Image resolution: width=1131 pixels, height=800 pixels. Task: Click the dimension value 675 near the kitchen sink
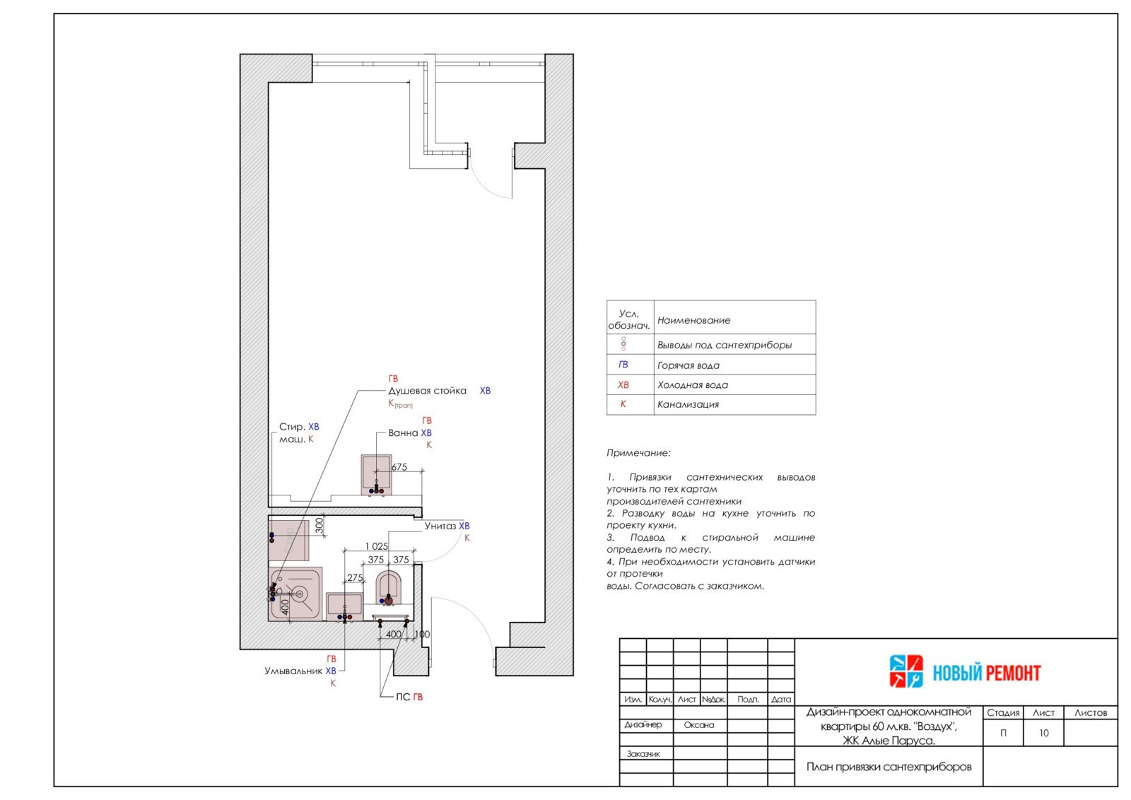(x=399, y=467)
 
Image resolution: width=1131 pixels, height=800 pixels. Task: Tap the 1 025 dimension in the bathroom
(x=377, y=546)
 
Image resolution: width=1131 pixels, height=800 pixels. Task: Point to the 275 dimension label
(x=355, y=577)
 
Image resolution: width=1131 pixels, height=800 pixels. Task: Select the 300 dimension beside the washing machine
(x=319, y=525)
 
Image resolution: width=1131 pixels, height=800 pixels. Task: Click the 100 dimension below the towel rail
(x=422, y=634)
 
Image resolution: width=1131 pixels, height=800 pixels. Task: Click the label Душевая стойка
(x=427, y=391)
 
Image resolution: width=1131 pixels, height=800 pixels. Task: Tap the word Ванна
(x=403, y=433)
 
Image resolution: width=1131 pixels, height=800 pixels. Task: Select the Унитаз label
(x=440, y=526)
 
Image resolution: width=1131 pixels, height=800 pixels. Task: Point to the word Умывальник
(x=293, y=671)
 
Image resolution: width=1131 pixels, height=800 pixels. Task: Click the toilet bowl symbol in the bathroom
(x=389, y=587)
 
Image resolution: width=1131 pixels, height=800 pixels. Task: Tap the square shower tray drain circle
(x=300, y=594)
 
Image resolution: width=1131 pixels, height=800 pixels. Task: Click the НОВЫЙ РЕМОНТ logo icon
(x=906, y=671)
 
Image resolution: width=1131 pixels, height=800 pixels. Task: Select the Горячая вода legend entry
(x=688, y=365)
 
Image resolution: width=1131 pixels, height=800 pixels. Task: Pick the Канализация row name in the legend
(x=688, y=404)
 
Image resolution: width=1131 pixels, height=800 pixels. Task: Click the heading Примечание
(x=638, y=453)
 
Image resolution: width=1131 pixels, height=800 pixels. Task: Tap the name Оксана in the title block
(x=699, y=725)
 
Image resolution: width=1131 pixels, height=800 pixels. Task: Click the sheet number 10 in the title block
(x=1043, y=733)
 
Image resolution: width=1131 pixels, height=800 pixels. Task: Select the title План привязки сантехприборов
(x=889, y=767)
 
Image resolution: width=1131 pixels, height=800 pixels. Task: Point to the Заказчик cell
(x=643, y=753)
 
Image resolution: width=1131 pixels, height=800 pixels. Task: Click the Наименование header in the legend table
(x=693, y=320)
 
